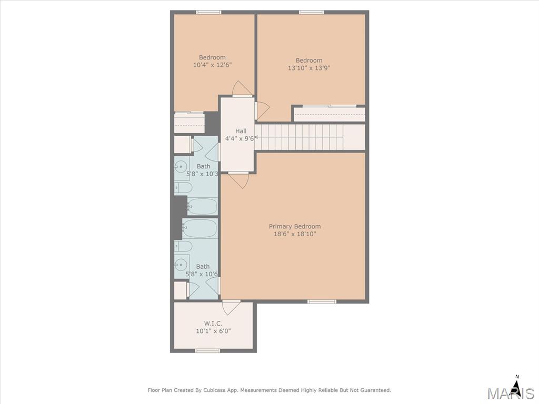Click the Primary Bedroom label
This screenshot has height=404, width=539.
point(295,226)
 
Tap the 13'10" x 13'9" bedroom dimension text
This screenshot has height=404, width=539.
point(308,68)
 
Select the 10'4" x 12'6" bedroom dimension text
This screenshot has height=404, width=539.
point(213,65)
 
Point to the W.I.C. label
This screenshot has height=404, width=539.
point(213,324)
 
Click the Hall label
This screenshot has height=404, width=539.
point(241,131)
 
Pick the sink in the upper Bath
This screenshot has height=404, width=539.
point(181,167)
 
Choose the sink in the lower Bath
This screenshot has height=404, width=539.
point(181,265)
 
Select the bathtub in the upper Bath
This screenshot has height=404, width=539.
point(203,206)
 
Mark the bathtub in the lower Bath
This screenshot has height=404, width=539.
point(200,228)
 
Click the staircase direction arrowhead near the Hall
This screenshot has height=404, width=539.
point(256,137)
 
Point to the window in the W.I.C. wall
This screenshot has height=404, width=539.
point(207,350)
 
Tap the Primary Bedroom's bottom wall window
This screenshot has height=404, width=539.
point(322,301)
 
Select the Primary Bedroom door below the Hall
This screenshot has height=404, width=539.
point(238,180)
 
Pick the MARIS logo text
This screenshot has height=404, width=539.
point(511,393)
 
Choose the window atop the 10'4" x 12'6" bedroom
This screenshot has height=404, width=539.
point(208,13)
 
